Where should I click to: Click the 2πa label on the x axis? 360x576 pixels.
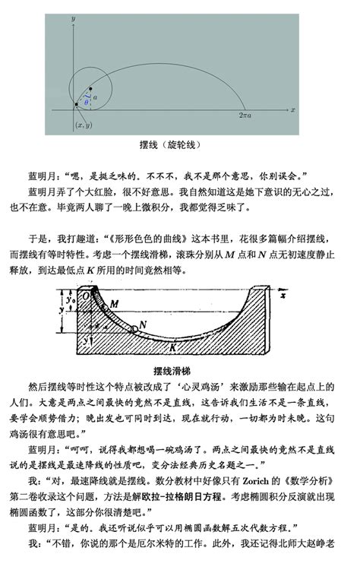click(245, 115)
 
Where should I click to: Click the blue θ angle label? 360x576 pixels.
click(87, 101)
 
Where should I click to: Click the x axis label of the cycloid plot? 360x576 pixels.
click(292, 110)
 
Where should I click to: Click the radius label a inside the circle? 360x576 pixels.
click(95, 97)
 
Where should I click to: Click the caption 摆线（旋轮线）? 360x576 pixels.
click(179, 144)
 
